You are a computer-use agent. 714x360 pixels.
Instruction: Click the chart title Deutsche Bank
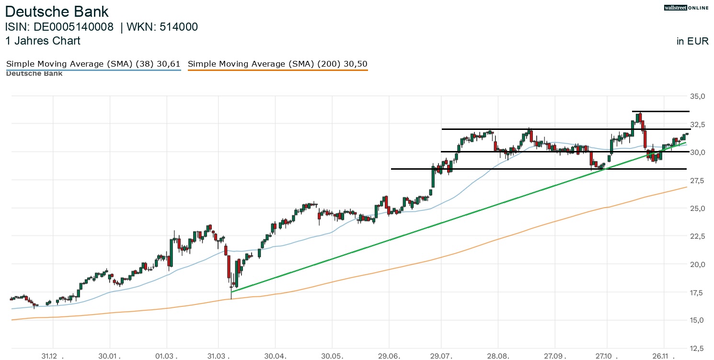tap(57, 12)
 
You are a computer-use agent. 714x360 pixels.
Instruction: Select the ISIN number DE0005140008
tap(73, 27)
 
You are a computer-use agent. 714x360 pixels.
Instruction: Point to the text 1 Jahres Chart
tap(43, 41)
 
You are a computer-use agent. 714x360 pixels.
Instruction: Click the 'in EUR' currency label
tap(692, 41)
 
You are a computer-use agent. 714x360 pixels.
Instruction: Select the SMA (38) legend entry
tap(93, 64)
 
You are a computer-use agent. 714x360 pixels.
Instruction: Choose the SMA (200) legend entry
tap(277, 64)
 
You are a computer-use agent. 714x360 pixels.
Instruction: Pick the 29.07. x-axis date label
tap(441, 356)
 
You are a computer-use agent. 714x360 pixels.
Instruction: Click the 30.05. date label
tap(332, 356)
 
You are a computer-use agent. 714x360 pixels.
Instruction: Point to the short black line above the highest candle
tap(660, 111)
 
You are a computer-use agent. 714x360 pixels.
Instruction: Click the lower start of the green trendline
tap(231, 291)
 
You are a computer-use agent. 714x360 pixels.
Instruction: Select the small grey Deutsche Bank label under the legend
tap(34, 73)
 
